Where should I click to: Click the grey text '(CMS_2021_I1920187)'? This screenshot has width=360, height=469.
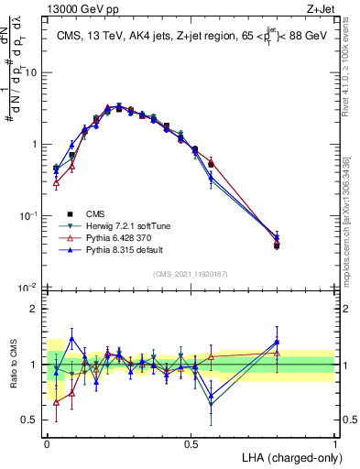click(191, 274)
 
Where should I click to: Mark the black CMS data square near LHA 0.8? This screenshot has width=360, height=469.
click(277, 245)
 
